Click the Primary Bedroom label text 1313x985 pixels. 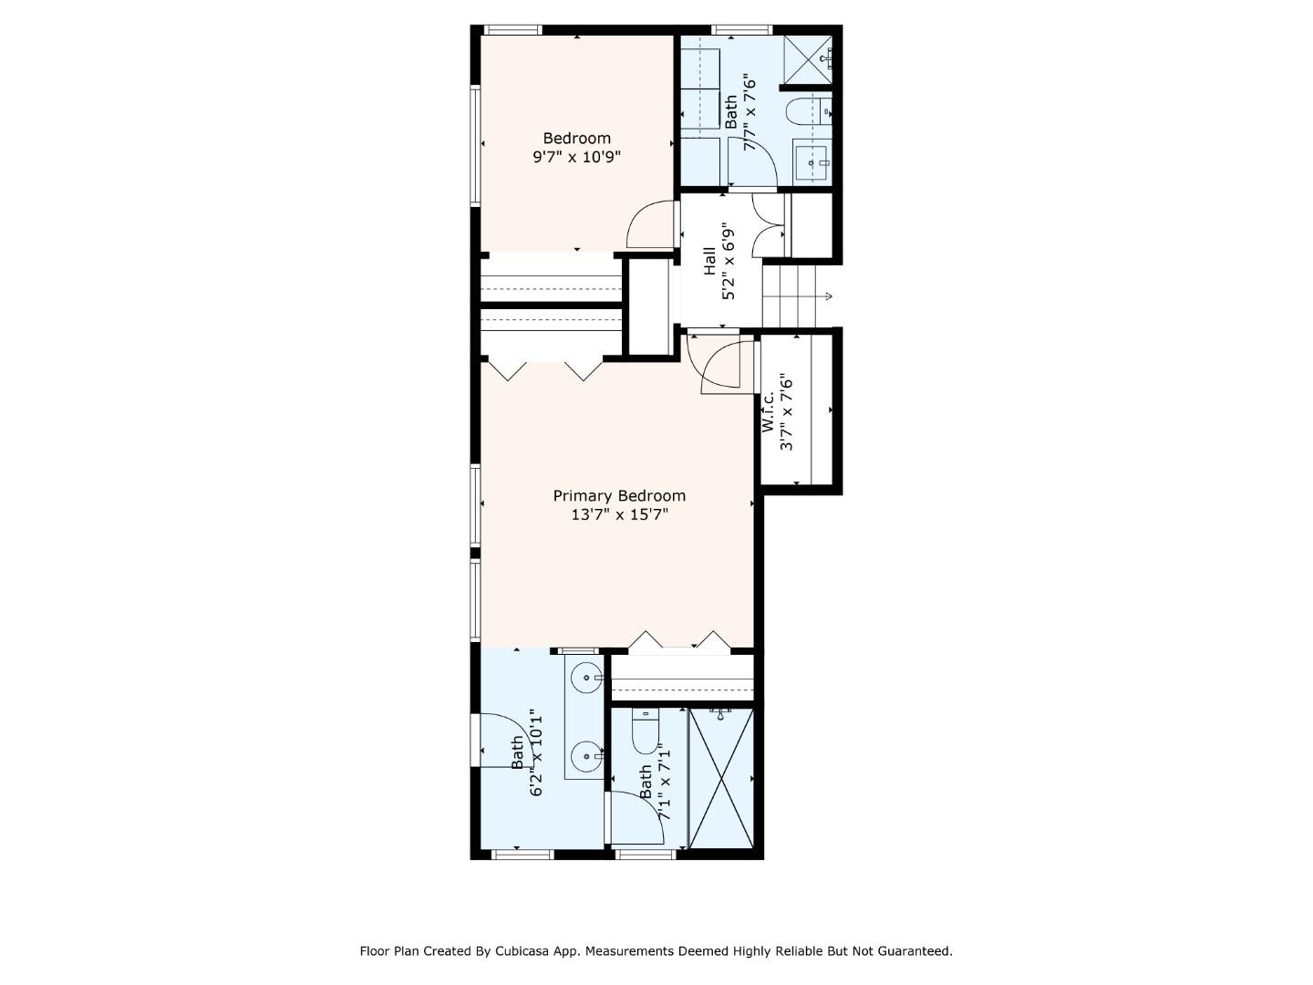619,495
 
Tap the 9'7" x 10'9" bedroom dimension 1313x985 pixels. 576,157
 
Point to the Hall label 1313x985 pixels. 709,262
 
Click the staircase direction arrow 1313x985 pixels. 827,296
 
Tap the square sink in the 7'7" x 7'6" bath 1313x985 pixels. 811,163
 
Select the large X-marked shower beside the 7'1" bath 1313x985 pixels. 721,779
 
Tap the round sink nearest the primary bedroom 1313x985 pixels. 584,678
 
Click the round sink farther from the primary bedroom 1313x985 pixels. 584,755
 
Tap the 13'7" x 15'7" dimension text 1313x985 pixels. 619,514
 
